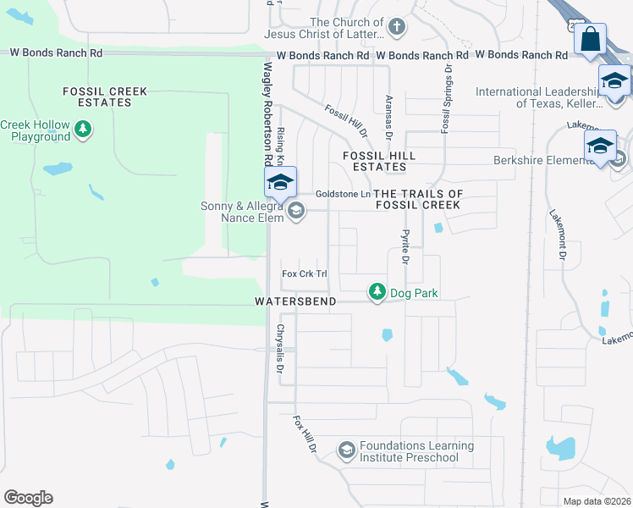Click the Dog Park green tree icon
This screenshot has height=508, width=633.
377,292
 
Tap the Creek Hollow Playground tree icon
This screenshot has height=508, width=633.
83,130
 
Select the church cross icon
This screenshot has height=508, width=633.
395,28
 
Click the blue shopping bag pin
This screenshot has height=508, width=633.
590,40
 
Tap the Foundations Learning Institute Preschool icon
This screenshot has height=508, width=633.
346,450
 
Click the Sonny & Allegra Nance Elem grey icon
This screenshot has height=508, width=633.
295,212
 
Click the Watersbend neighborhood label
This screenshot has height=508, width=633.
296,301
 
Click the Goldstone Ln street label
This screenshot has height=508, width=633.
343,194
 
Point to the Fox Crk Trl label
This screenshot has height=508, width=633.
304,273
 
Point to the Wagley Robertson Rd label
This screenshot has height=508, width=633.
267,114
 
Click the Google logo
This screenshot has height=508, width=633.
28,498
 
